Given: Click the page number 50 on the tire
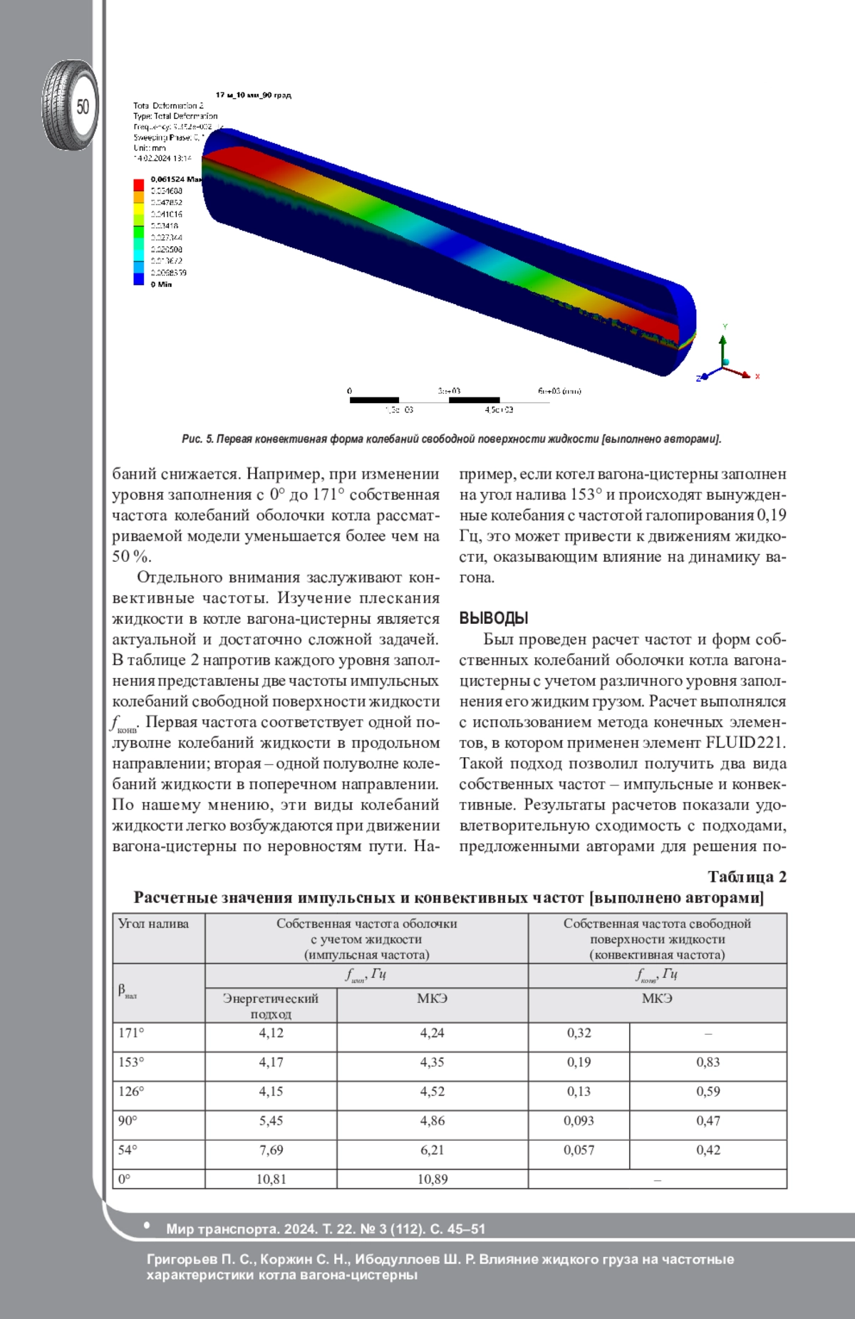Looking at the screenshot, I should [x=83, y=107].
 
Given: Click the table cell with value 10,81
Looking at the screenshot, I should [x=271, y=1179].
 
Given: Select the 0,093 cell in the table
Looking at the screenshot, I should [x=579, y=1120].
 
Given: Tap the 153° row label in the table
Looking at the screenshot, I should [x=131, y=1062].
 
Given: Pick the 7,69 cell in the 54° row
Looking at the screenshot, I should [x=271, y=1149].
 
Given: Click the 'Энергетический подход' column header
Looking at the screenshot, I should [x=271, y=1006].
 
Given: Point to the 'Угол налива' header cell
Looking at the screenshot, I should [x=153, y=924].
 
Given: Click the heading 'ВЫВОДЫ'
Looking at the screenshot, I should [x=493, y=618].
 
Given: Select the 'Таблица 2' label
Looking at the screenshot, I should [x=747, y=877].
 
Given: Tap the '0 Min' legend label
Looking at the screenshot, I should [x=161, y=284].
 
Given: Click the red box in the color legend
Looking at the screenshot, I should [x=139, y=185].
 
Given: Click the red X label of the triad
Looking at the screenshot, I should [x=757, y=376].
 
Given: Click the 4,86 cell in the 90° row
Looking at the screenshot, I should [x=432, y=1120].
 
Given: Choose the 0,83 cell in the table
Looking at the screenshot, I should [x=708, y=1062].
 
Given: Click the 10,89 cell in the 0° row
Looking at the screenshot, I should [x=432, y=1179].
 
